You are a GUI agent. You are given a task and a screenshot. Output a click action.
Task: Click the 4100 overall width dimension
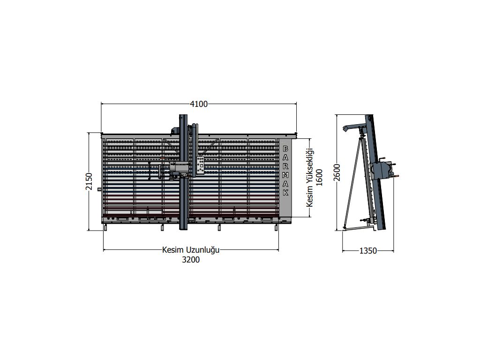[x=199, y=104]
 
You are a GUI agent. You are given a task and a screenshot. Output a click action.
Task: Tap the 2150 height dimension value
[x=89, y=181]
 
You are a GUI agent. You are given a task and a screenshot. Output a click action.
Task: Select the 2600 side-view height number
[x=337, y=172]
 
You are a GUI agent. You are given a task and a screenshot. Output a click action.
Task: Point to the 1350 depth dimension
[x=367, y=251]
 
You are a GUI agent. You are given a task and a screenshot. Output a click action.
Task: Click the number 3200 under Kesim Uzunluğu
[x=191, y=260]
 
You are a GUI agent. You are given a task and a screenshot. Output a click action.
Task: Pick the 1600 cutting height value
[x=319, y=177]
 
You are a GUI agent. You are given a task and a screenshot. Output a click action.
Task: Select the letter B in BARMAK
[x=285, y=149]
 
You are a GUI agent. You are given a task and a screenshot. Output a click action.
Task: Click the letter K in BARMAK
[x=285, y=193]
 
